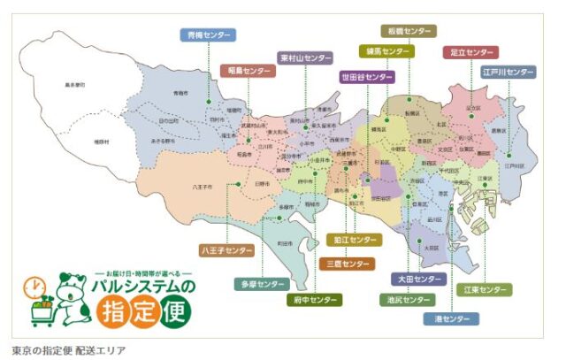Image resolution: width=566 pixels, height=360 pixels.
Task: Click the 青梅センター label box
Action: coord(209,35)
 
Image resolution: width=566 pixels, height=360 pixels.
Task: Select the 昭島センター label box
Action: coord(246,70)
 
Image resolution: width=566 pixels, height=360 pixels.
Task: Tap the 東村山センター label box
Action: coord(305,58)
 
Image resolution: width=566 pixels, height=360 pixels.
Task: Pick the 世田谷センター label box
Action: coord(367,78)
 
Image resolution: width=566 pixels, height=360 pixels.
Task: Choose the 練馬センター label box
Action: coord(386,51)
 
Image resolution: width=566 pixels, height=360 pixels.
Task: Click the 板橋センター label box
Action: coord(408,31)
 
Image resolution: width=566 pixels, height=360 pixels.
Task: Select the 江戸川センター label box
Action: coord(509,72)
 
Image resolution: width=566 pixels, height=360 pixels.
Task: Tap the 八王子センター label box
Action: coord(227,252)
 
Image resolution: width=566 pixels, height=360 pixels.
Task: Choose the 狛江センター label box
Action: coord(354,240)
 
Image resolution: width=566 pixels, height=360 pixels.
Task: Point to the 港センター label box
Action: coord(452,318)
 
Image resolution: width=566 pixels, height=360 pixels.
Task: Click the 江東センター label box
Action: coord(486,290)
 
